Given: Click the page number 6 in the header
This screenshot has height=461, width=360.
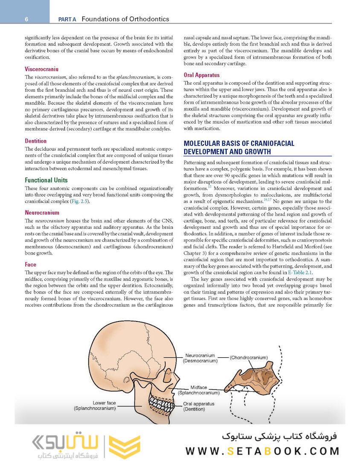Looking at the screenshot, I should [x=26, y=19].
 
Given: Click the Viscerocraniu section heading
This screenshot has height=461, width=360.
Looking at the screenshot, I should [x=42, y=69].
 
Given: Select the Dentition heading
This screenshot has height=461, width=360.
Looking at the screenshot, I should [x=36, y=141].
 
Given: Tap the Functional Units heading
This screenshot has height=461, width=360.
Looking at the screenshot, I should [x=46, y=180].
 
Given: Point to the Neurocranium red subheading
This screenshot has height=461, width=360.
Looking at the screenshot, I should [x=42, y=213].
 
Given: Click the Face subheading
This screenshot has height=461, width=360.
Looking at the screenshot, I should [x=31, y=265].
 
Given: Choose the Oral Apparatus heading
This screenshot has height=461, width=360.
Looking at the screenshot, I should [x=202, y=75].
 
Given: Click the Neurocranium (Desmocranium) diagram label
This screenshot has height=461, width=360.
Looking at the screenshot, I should [x=200, y=358].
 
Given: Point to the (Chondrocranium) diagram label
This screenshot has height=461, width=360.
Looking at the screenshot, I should [x=249, y=357].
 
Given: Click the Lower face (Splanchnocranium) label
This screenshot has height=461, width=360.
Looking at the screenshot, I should [x=95, y=406].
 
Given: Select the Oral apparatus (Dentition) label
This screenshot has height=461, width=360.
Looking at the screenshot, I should [x=198, y=406].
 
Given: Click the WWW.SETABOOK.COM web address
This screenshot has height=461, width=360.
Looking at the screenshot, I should [x=262, y=450].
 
